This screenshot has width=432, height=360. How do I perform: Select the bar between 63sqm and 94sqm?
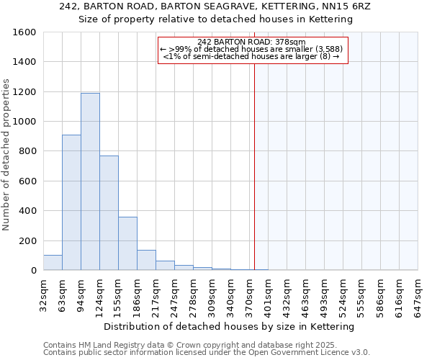pyautogui.click(x=71, y=202)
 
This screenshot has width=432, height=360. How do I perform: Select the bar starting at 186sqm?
pyautogui.click(x=146, y=260)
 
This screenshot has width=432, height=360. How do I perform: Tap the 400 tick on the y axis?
pyautogui.click(x=29, y=211)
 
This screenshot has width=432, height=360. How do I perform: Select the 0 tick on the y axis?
pyautogui.click(x=33, y=271)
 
